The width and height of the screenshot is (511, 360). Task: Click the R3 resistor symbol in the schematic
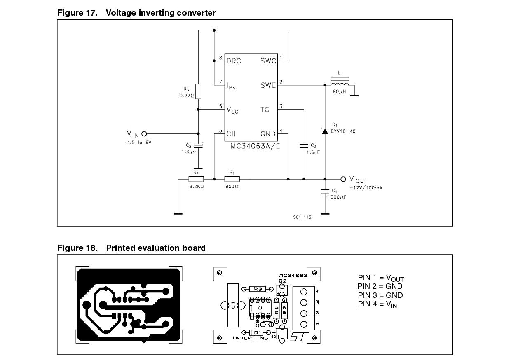[198, 91]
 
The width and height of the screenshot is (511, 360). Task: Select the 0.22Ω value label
[187, 96]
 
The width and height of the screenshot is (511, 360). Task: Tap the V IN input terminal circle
[144, 133]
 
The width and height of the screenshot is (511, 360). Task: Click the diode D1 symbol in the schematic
[325, 131]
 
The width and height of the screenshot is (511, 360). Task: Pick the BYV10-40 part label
[343, 131]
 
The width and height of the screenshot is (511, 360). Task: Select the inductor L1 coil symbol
[340, 84]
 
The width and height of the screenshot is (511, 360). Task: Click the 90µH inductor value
[340, 91]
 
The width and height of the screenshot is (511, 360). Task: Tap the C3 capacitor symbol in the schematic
[304, 145]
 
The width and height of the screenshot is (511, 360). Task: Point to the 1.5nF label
[313, 152]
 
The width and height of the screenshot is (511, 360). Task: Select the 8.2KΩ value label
[196, 187]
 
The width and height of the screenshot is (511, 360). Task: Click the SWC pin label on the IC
[268, 61]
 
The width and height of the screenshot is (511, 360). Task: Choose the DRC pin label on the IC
[234, 61]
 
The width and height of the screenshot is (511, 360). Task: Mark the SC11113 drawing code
[302, 217]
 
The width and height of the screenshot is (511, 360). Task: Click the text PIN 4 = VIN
[377, 304]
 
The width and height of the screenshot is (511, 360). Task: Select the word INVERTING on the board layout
[250, 338]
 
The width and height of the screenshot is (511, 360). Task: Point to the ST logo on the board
[298, 336]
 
